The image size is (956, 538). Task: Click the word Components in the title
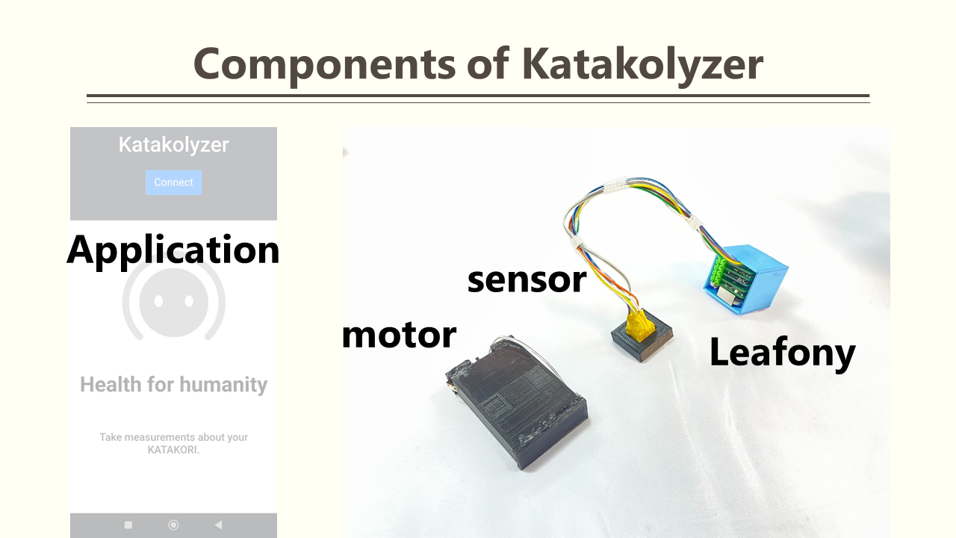point(324,65)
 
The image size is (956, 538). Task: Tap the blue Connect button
point(173,183)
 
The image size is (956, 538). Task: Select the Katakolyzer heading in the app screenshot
point(173,145)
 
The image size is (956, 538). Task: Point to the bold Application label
point(173,251)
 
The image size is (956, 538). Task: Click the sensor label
point(527,280)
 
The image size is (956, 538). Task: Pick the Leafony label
point(782,353)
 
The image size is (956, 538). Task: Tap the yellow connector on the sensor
point(639,325)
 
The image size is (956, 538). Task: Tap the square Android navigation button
point(128,525)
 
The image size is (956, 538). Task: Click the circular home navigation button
point(173,525)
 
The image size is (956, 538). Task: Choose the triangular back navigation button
point(219,525)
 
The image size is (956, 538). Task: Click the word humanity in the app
point(223,385)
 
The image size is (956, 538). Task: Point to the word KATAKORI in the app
point(173,450)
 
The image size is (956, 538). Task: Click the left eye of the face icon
point(159,301)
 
